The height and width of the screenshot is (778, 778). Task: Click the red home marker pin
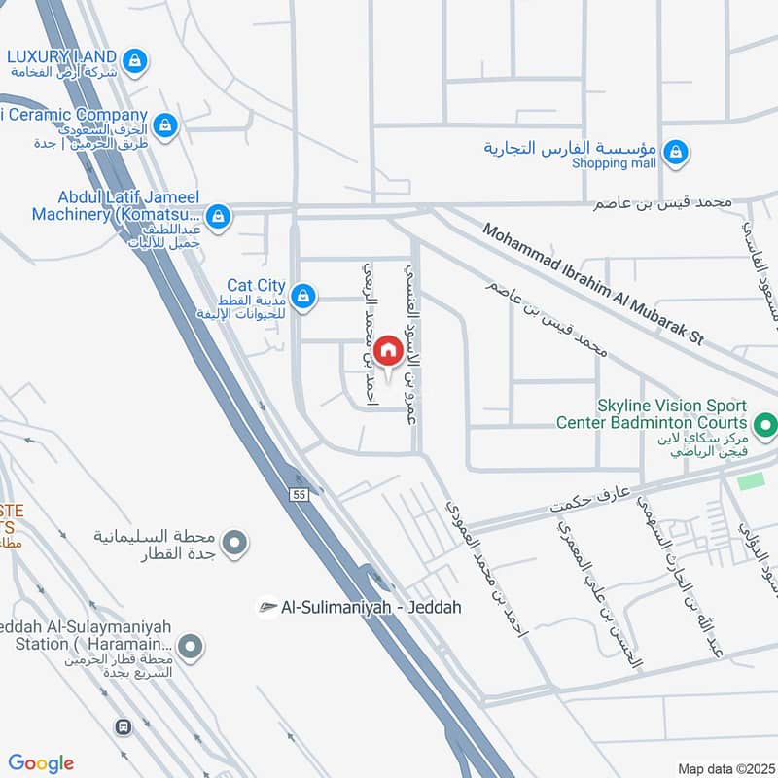[x=387, y=350]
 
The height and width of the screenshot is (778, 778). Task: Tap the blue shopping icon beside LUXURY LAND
[x=136, y=61]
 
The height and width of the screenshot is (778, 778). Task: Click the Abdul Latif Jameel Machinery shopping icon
[x=219, y=215]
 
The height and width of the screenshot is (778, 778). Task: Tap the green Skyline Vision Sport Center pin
[x=765, y=424]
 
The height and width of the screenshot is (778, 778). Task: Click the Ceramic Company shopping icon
[x=166, y=124]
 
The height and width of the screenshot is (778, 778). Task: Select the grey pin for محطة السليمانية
[x=233, y=544]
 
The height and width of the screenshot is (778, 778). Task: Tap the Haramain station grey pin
[x=193, y=645]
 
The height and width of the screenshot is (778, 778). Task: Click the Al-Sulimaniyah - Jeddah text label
[x=371, y=607]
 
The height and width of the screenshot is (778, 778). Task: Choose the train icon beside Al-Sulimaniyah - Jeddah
[x=266, y=607]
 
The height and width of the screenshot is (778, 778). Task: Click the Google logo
[x=41, y=763]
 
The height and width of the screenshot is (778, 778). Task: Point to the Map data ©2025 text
[x=725, y=768]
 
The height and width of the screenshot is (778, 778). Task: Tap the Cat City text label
[x=256, y=286]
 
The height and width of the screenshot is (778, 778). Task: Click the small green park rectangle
[x=751, y=481]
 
